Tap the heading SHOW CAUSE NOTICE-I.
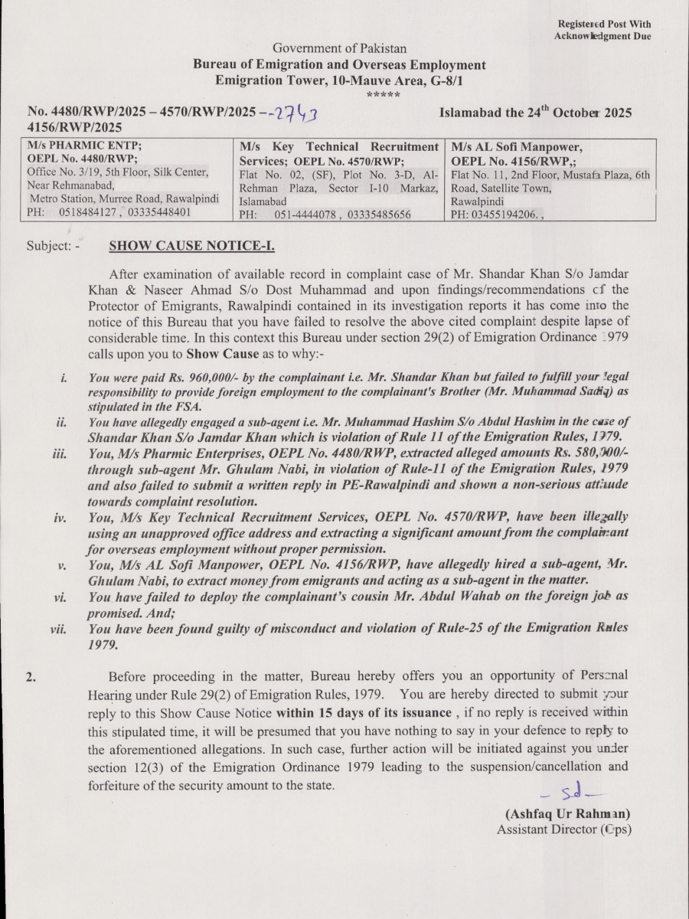click(x=192, y=246)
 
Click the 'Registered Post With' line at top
click(x=604, y=25)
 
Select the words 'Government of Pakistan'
click(x=339, y=49)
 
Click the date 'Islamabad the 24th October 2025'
click(x=535, y=113)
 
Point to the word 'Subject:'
click(x=52, y=247)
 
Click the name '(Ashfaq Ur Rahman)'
click(x=567, y=814)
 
